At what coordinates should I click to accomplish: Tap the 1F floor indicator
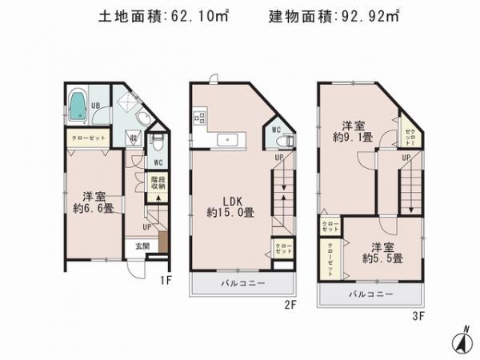[166, 280]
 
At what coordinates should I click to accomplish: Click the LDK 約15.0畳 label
[230, 206]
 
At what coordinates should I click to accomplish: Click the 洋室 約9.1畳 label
[353, 131]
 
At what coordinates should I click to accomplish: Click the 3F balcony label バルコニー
[369, 295]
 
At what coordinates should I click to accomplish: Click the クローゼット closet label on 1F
[82, 138]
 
